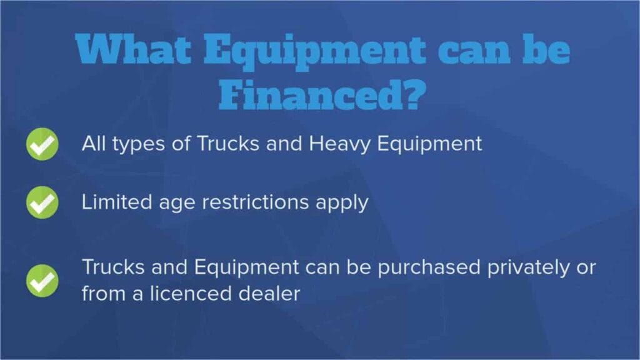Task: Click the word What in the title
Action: tap(134, 49)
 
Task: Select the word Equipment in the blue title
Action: tap(314, 51)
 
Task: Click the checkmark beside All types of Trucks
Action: tap(42, 144)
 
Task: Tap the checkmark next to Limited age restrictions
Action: tap(42, 202)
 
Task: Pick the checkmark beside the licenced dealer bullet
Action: tap(42, 281)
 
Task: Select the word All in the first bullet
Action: tap(94, 143)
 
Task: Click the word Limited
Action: tap(117, 202)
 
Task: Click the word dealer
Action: tap(269, 294)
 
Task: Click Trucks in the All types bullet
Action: tap(228, 143)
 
